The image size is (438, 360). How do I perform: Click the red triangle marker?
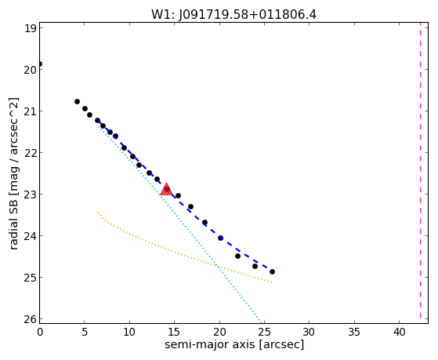(x=166, y=189)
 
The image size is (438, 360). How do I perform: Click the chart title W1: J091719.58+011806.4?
(x=233, y=15)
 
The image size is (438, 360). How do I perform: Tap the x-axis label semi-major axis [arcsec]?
(x=234, y=344)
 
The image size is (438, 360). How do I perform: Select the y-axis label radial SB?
(x=13, y=212)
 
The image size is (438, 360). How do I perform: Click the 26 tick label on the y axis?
(x=31, y=319)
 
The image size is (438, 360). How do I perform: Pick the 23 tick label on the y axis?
(x=31, y=195)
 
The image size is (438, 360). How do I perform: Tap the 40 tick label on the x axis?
(x=400, y=332)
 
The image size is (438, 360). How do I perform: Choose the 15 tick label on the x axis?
(x=175, y=332)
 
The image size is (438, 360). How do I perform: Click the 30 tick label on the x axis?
(x=309, y=332)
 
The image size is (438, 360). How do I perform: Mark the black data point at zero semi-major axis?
(x=40, y=64)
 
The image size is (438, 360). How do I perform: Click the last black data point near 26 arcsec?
(x=272, y=271)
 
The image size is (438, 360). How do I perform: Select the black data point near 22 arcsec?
(x=237, y=256)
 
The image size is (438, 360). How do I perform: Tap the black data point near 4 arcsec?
(x=77, y=101)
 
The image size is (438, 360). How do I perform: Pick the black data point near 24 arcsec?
(x=255, y=267)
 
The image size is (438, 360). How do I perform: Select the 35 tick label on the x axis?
(x=354, y=332)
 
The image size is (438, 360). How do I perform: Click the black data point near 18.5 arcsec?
(x=205, y=223)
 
